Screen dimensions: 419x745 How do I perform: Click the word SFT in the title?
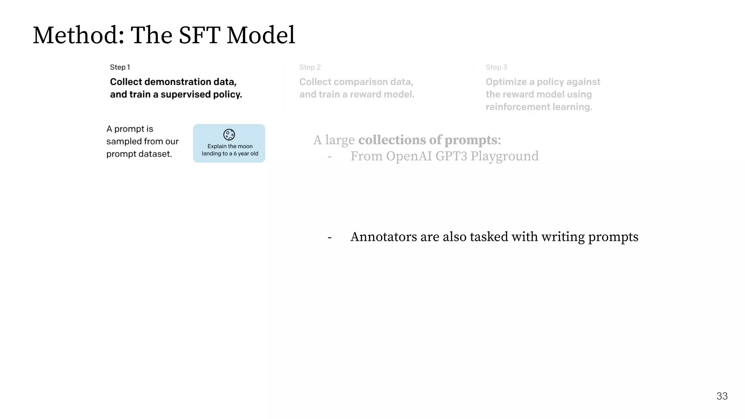(x=199, y=35)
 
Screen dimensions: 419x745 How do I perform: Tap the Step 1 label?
(x=120, y=67)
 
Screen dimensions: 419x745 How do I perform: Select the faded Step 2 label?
(x=310, y=67)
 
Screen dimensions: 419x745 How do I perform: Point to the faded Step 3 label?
(x=496, y=67)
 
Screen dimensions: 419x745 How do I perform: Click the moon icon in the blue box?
(x=229, y=135)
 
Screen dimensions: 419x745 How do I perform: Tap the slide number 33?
(x=722, y=396)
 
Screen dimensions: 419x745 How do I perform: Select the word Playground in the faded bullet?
(x=504, y=156)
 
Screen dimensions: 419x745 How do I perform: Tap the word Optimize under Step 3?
(x=506, y=82)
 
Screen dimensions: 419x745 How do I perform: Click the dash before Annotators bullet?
(x=330, y=238)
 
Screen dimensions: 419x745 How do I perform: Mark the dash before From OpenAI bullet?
(x=330, y=157)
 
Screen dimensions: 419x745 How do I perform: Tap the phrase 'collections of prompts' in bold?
(x=428, y=140)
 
